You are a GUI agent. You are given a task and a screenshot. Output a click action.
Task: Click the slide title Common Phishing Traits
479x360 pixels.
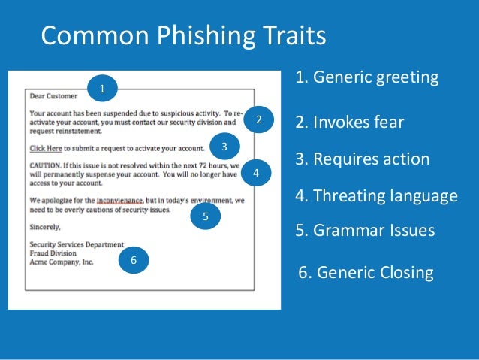[183, 35]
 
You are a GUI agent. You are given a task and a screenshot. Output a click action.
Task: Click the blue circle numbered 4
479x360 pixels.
[256, 173]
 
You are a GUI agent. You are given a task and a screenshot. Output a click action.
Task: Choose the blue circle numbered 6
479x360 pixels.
[134, 260]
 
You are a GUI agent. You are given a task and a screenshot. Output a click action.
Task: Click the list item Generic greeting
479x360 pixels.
[367, 78]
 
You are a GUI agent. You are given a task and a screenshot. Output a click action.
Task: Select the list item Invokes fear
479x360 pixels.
[350, 123]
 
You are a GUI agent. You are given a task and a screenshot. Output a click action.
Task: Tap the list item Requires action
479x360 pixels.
[363, 159]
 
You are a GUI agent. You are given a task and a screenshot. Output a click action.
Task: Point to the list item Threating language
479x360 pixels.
[376, 196]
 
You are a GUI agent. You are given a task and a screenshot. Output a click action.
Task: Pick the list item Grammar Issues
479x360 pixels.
[365, 231]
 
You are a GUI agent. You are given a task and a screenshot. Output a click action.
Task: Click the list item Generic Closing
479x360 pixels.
[366, 272]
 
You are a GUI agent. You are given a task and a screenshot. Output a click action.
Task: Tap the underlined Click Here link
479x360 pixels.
[47, 147]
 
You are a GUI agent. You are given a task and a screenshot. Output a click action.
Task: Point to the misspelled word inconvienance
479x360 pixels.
[122, 201]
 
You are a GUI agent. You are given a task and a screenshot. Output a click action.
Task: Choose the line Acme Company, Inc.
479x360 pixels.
[62, 262]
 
